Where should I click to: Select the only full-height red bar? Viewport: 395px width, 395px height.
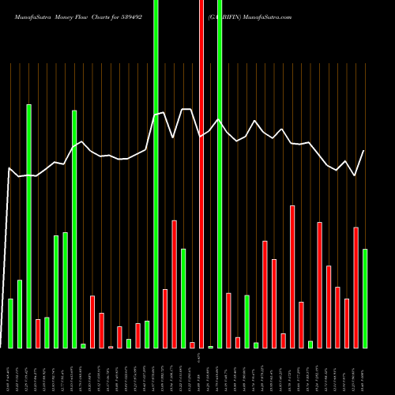[x=201, y=174]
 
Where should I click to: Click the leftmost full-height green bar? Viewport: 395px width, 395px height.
[x=156, y=174]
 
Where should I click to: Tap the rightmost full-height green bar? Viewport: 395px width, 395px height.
[x=220, y=174]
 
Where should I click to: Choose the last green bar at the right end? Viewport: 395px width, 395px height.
[x=365, y=299]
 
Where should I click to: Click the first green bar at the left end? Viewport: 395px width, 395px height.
[x=10, y=323]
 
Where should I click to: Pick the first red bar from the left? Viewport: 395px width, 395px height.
[x=38, y=333]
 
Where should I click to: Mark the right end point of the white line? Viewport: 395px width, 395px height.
[x=364, y=151]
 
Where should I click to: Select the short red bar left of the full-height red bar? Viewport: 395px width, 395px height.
[x=192, y=344]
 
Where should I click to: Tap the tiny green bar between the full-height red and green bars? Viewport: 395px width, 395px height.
[x=211, y=346]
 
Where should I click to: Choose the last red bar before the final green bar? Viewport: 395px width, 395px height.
[x=355, y=288]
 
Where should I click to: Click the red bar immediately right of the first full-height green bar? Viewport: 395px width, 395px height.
[x=165, y=318]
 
